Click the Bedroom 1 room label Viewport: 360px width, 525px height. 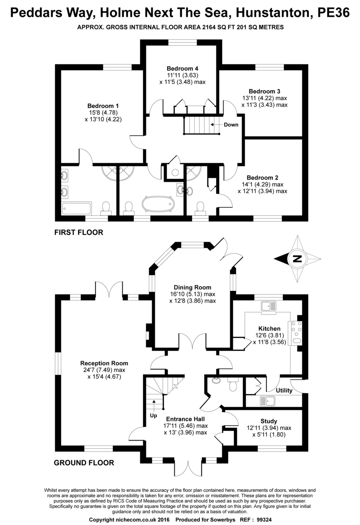103,106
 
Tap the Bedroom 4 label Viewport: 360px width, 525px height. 182,68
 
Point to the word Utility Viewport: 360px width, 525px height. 284,390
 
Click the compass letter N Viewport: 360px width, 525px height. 297,259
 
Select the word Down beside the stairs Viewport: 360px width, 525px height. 231,125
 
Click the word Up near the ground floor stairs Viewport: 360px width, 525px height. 153,415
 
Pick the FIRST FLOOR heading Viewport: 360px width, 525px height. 79,233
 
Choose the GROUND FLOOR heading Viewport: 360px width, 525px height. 84,462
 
